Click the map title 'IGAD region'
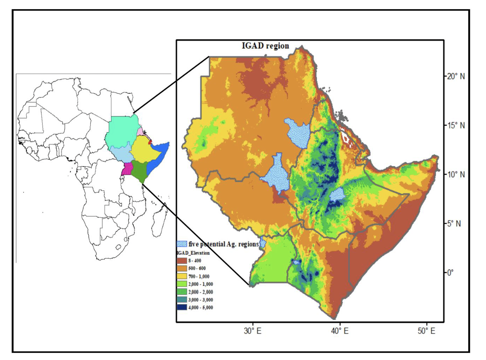click(265, 46)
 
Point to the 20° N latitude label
click(455, 76)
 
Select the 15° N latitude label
click(455, 125)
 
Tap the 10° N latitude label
click(455, 174)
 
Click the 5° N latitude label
click(454, 224)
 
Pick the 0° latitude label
click(450, 273)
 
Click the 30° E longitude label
click(253, 331)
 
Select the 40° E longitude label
click(340, 331)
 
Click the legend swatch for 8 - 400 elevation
click(182, 261)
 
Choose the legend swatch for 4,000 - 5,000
click(182, 307)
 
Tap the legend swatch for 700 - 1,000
click(182, 276)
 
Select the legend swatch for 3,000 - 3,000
click(182, 300)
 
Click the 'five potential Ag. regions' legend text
click(223, 244)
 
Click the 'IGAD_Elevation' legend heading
click(193, 253)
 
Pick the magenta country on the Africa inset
click(126, 169)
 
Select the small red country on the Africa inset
click(151, 142)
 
